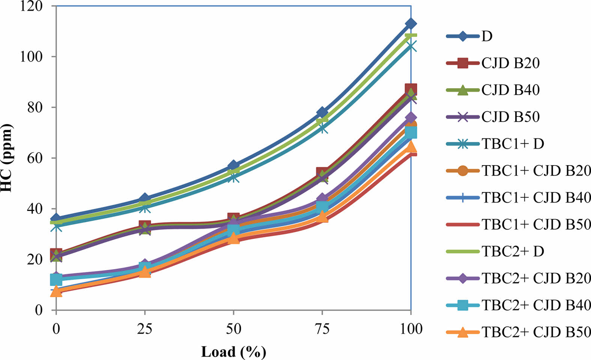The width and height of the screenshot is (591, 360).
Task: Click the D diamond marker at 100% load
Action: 411,24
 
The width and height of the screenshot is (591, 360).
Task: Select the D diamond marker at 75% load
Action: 322,112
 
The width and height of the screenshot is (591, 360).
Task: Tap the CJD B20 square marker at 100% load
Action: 411,89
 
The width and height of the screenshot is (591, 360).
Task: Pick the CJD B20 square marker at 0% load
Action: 56,254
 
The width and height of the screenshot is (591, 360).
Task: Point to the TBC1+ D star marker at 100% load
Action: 411,47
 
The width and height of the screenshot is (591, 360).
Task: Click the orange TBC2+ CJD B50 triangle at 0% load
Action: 56,291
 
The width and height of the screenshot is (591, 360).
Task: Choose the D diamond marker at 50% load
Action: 233,166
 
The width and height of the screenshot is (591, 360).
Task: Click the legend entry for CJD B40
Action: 510,90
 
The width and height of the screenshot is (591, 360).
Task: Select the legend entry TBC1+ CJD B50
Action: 536,224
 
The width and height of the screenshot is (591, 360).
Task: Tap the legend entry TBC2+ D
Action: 513,251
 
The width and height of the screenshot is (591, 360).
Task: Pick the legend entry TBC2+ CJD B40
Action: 536,305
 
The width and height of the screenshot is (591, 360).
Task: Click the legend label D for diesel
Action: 487,36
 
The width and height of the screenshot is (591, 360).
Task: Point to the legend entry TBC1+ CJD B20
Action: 536,171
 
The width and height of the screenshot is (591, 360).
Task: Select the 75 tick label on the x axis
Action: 322,329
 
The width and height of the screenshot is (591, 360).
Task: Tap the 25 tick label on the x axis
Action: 145,329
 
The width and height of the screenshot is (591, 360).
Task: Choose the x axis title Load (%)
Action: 233,352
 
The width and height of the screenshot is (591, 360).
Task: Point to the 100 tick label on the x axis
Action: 411,329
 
